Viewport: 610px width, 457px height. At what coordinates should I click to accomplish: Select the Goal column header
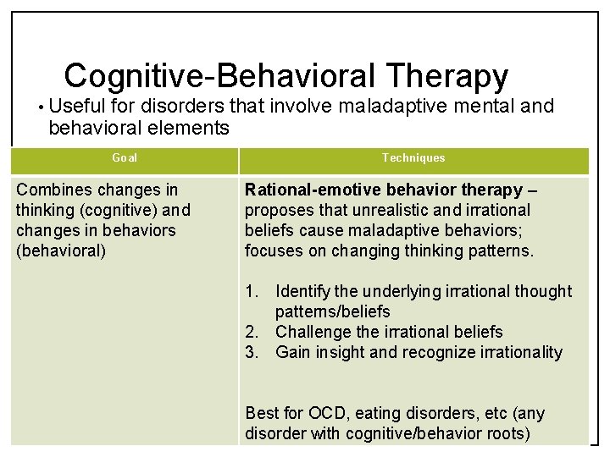tap(125, 158)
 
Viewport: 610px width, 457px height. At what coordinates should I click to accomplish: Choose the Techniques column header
tap(413, 158)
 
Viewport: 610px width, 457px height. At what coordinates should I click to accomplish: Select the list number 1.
tap(251, 291)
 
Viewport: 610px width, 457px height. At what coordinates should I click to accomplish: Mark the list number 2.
tap(251, 332)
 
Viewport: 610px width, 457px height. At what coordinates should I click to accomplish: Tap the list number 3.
tap(251, 352)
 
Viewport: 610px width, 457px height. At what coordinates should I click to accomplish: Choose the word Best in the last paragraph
tap(261, 414)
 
